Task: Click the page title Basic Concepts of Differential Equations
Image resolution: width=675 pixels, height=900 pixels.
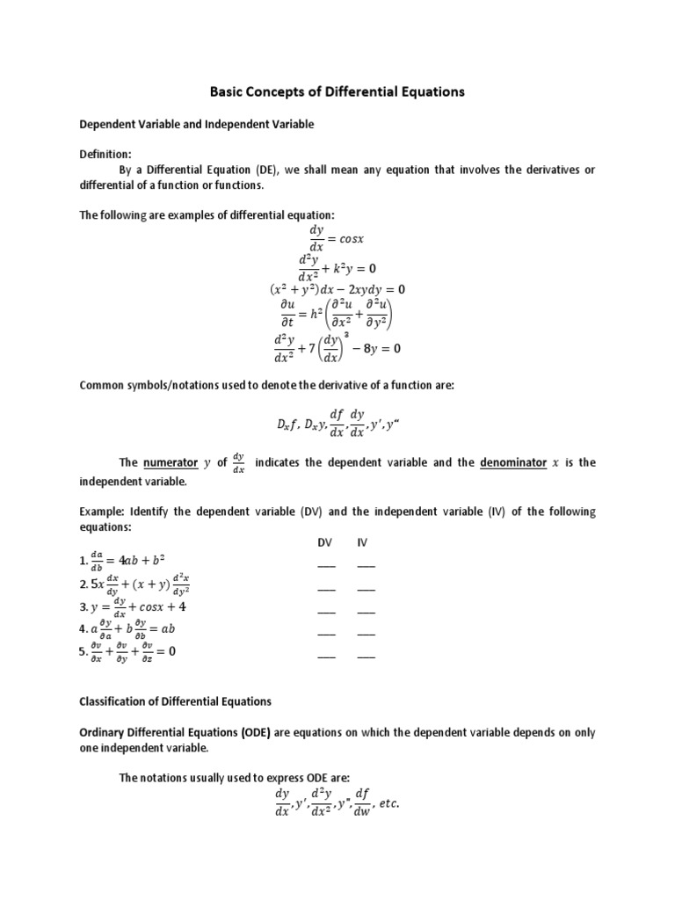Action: [337, 91]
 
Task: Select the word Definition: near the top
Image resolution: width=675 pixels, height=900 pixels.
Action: [105, 153]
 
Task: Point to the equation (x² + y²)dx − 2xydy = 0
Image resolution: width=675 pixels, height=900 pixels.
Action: [337, 289]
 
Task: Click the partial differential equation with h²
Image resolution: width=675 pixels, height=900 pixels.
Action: [337, 314]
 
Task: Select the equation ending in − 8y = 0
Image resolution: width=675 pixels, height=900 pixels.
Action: [337, 348]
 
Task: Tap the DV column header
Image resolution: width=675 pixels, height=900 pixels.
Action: [325, 542]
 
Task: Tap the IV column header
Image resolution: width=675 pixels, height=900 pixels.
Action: [362, 542]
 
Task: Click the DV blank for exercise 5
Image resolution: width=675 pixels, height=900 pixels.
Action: [326, 656]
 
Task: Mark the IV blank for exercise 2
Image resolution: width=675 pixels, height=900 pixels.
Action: [366, 588]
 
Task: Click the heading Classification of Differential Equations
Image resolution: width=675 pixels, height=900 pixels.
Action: [176, 701]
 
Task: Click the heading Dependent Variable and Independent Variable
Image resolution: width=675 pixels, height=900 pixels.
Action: [197, 125]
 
